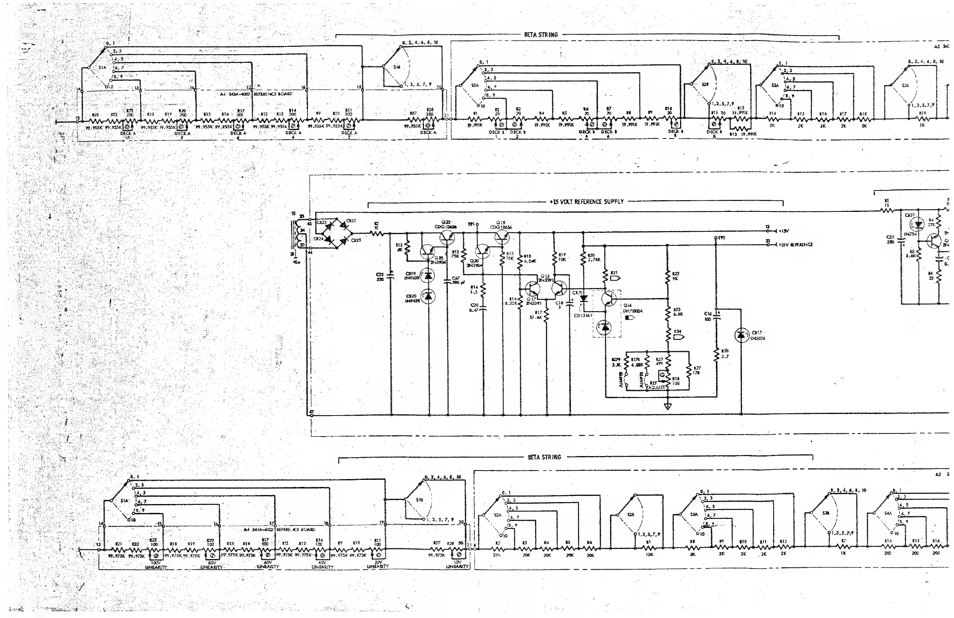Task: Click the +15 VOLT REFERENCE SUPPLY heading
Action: (587, 201)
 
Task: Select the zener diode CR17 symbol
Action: (741, 335)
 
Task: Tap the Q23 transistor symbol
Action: (447, 238)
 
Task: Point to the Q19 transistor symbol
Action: (502, 238)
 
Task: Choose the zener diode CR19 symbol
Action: (429, 276)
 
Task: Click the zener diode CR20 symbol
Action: (429, 297)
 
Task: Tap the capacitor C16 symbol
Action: (716, 317)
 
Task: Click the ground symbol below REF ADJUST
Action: (668, 407)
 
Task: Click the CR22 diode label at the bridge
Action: (351, 221)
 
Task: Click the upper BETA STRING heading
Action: (541, 35)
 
